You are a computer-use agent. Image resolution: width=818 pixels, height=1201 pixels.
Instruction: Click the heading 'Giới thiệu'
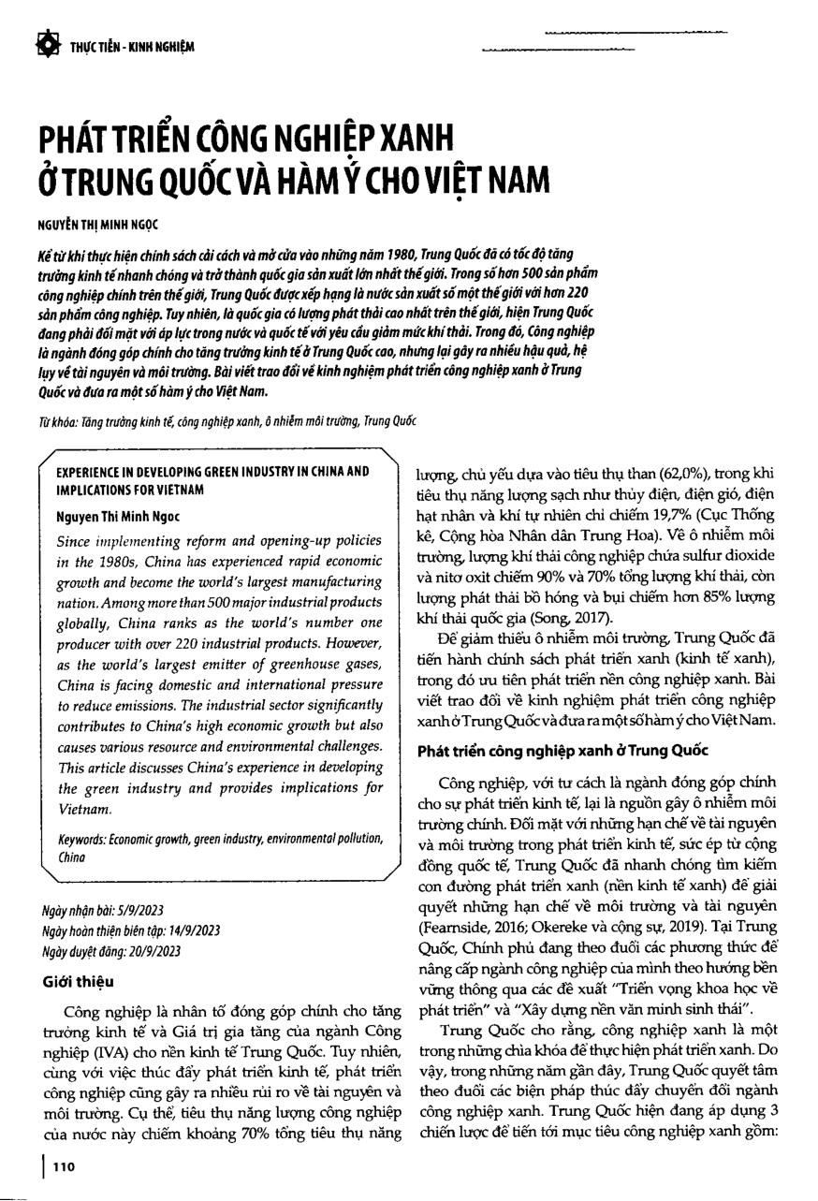point(79,982)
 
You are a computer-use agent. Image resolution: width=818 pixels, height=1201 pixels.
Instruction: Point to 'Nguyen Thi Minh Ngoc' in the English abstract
point(119,515)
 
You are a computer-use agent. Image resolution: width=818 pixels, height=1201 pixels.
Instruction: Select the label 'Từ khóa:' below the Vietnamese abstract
point(57,421)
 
